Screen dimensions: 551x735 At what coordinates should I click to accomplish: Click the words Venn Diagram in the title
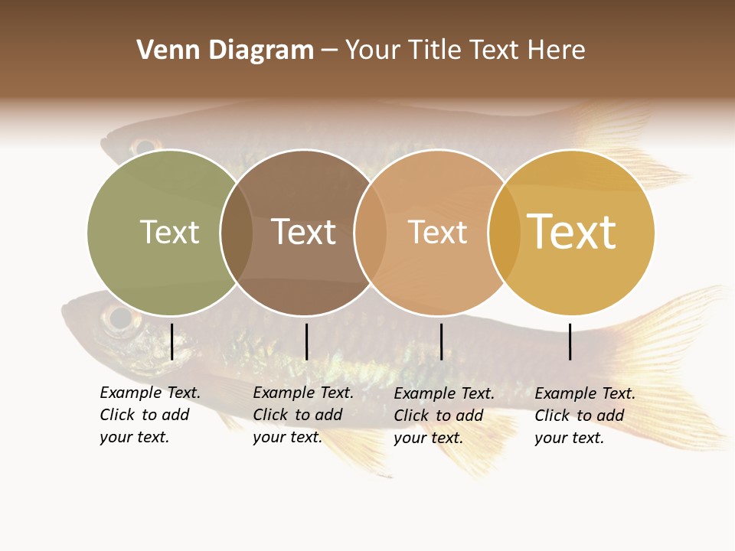[225, 51]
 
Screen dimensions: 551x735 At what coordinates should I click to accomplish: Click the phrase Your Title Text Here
[465, 51]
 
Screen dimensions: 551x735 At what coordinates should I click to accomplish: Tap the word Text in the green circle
[169, 232]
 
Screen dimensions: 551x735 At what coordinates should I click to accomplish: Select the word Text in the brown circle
[304, 232]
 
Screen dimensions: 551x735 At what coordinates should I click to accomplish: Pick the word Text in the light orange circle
[437, 232]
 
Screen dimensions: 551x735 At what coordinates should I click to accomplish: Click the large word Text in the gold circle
[571, 232]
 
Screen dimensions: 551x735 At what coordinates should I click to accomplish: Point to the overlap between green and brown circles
[237, 233]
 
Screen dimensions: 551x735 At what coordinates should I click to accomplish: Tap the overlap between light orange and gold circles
[504, 233]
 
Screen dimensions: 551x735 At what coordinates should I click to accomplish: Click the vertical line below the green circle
[171, 341]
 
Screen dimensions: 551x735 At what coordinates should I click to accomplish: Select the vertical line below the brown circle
[306, 341]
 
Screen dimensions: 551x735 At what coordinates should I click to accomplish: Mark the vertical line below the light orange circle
[441, 341]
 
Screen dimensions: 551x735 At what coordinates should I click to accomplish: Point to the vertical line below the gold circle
[570, 341]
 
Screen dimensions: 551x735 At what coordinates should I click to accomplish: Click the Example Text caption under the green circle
[150, 415]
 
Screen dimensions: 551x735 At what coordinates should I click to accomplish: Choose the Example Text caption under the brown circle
[303, 415]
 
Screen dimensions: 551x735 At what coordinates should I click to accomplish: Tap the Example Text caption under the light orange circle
[444, 416]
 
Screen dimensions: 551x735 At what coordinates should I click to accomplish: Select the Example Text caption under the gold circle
[585, 416]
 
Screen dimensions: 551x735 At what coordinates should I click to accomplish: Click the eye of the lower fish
[120, 318]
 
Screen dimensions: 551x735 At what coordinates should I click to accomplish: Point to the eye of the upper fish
[143, 145]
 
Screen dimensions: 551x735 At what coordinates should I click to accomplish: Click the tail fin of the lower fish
[674, 337]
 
